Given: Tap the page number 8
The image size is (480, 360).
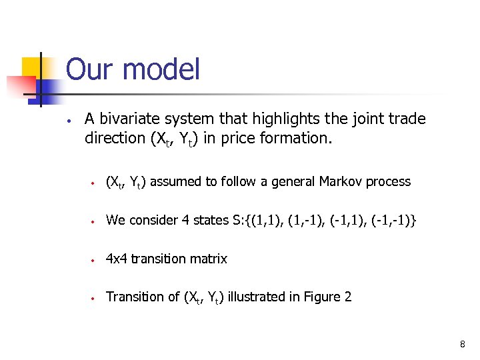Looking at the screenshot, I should (461, 344).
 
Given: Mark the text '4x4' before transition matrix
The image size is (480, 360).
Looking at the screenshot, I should (117, 259).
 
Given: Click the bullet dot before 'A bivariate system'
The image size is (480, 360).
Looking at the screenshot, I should (69, 122).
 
